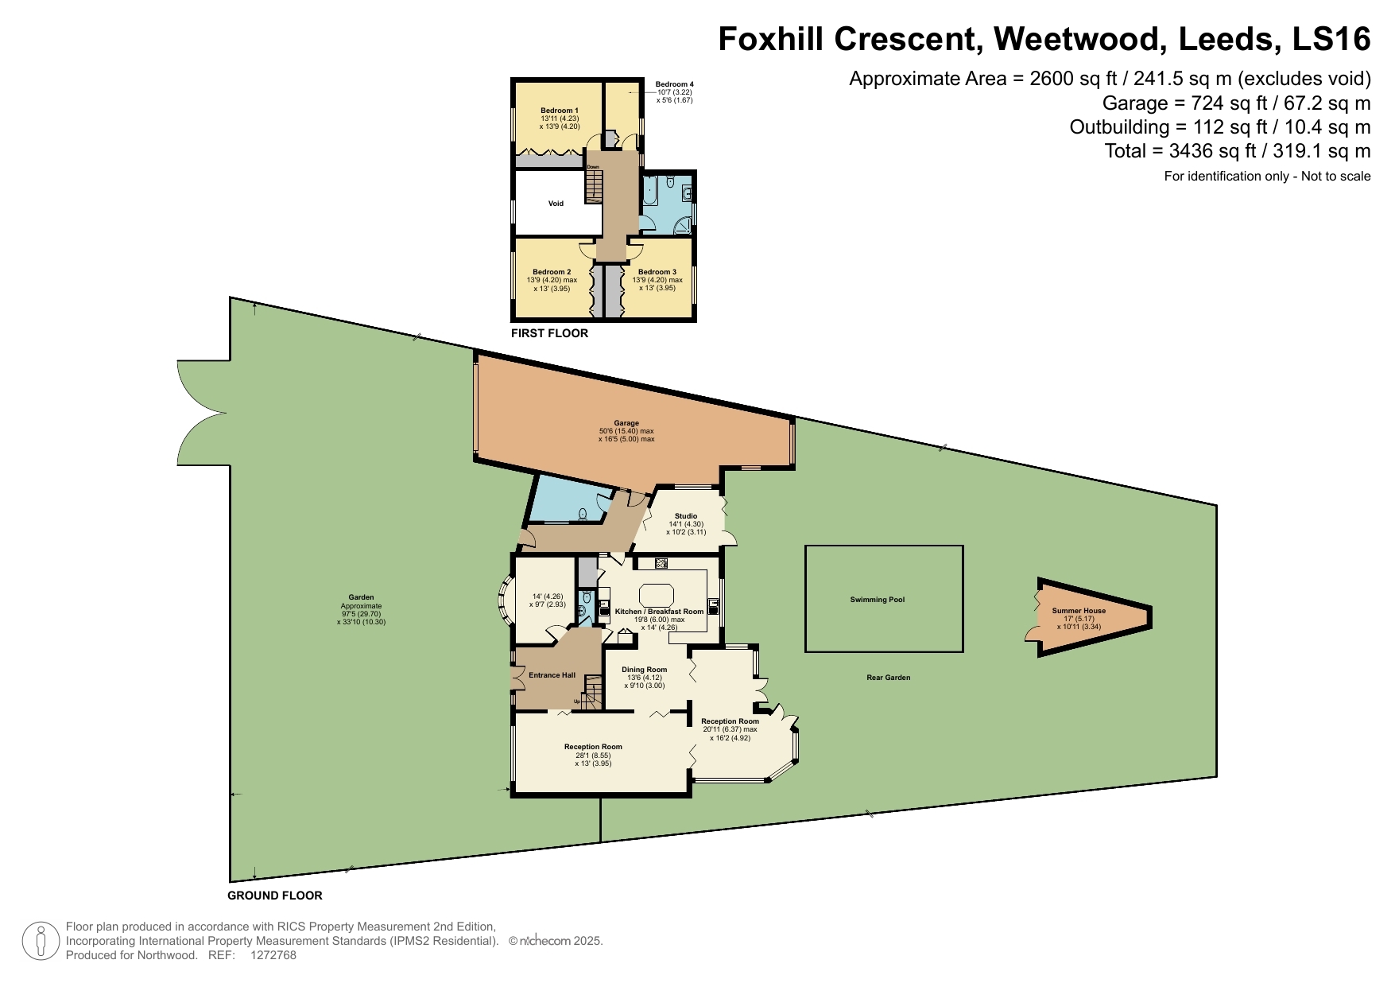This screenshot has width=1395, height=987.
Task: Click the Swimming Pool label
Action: pos(877,600)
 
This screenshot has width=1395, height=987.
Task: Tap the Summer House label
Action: pos(1079,611)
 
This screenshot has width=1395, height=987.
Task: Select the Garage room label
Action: pos(626,423)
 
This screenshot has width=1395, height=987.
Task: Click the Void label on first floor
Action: pos(556,204)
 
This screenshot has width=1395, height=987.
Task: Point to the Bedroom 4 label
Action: pos(674,84)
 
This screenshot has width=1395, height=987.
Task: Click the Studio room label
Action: pos(685,516)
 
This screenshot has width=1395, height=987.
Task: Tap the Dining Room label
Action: pos(644,670)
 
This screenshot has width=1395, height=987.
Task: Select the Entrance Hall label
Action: pos(552,675)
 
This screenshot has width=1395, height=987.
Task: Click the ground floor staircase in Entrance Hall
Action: pos(592,692)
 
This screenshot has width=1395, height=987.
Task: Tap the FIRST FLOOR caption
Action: pos(549,333)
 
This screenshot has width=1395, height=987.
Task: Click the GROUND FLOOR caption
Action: pos(275,896)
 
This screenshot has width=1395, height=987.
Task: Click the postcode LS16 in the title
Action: pos(1331,38)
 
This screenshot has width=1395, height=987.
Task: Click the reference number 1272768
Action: pos(273,955)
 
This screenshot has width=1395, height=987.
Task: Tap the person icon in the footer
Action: pos(40,941)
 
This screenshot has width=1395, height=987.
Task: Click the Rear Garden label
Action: pos(888,678)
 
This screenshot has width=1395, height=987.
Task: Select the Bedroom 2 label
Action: pos(552,272)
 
